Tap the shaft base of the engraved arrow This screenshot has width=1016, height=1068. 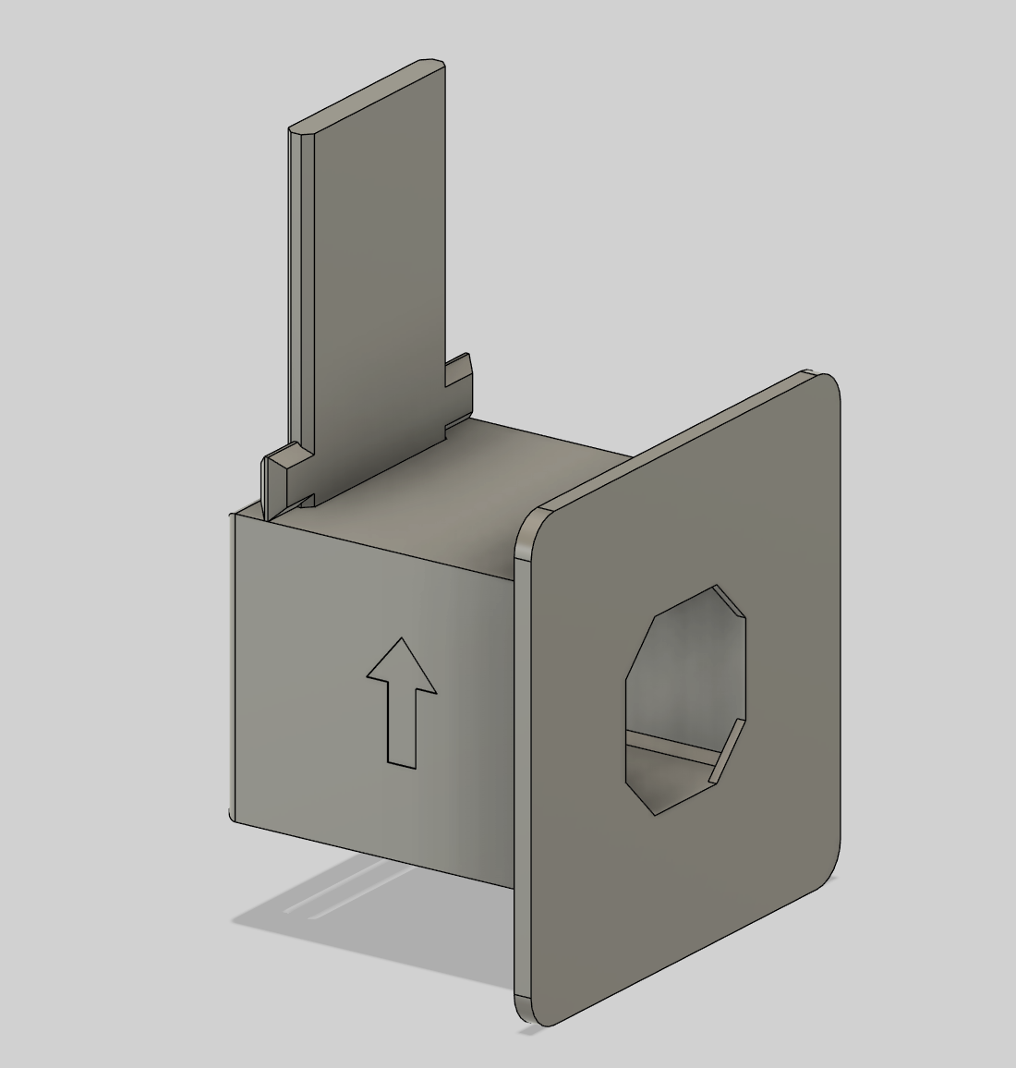coord(400,763)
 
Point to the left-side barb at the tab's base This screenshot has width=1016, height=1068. coord(282,467)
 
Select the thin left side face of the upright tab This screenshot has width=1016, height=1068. coord(297,296)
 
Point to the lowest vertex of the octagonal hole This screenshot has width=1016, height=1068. coord(655,814)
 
